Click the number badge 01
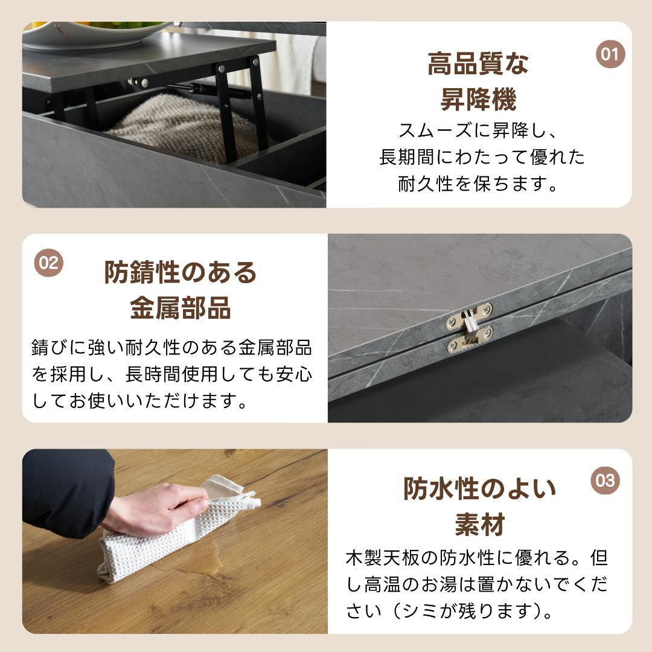tap(610, 54)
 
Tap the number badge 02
tap(48, 263)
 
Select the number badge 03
tap(605, 481)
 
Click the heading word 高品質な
tap(478, 64)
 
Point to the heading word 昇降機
tap(478, 100)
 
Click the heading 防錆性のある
tap(181, 272)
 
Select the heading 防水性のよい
tap(479, 488)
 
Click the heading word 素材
tap(479, 524)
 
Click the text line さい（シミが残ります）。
tap(449, 612)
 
